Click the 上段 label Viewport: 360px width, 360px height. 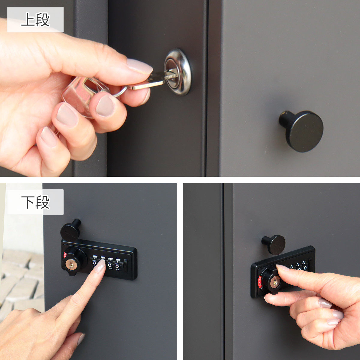(35, 19)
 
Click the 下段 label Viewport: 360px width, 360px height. (35, 202)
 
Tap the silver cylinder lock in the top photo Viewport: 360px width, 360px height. (178, 72)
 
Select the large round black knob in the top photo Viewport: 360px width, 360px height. (301, 131)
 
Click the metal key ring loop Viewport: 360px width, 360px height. (120, 92)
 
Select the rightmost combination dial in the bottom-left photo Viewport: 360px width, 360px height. (118, 264)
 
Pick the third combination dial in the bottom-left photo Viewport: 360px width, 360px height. (110, 263)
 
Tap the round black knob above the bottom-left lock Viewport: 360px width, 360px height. (70, 230)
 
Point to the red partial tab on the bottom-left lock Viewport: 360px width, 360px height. (64, 255)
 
